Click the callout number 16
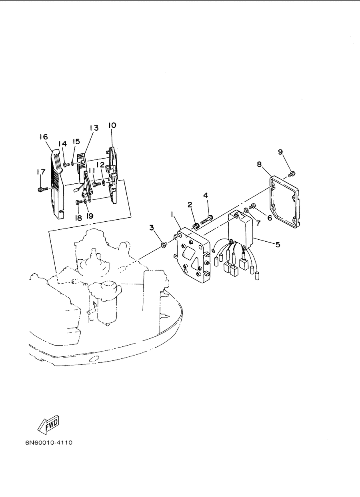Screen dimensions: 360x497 44,137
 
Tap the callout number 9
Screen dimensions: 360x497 280,152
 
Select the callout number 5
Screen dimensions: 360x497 278,245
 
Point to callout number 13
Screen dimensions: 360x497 94,128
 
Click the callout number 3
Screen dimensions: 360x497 152,228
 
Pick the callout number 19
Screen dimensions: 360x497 90,216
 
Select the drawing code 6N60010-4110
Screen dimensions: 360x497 49,443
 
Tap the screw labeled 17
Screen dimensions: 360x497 43,189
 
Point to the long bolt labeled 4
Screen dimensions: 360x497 207,220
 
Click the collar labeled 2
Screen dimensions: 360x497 196,227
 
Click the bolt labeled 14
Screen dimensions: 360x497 66,165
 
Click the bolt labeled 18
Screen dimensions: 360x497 79,202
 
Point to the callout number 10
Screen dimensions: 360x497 112,125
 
